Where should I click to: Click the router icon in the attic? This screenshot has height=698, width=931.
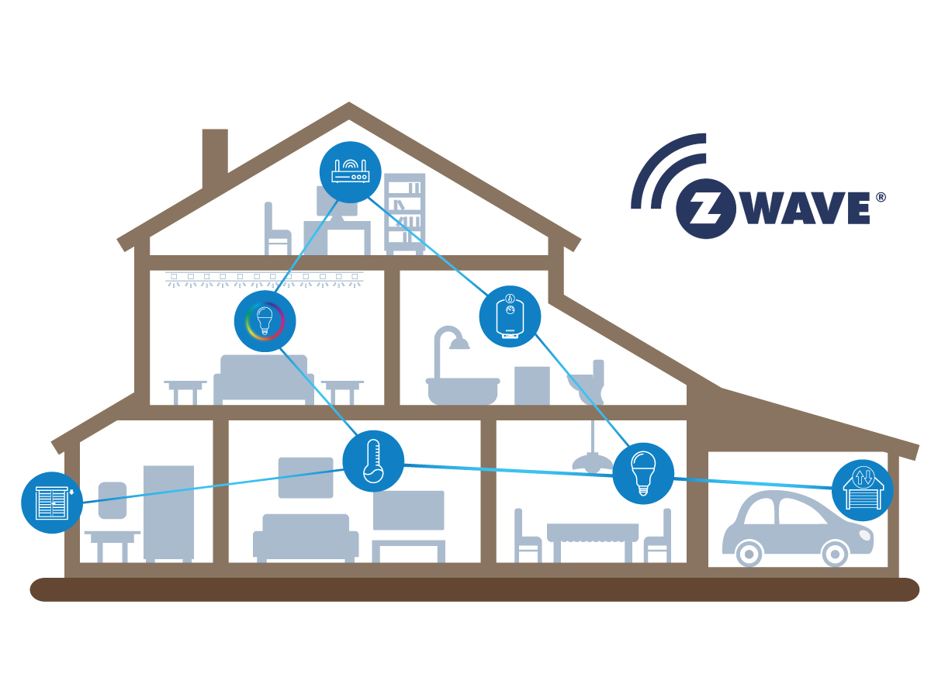coord(350,172)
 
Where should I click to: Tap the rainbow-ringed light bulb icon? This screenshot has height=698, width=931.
coord(265,321)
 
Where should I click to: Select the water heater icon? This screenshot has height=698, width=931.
coord(510,316)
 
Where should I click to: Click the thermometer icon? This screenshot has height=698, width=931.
coord(373,461)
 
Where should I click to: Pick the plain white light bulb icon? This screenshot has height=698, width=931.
coord(643,473)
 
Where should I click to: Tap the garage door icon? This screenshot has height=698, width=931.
coord(863,490)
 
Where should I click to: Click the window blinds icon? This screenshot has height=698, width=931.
coord(52,503)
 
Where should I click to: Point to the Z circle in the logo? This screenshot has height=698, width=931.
coord(706,209)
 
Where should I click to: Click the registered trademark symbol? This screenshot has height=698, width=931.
coord(881,198)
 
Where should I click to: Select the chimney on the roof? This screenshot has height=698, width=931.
coord(215,159)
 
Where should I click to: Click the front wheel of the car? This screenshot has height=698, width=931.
coord(835,554)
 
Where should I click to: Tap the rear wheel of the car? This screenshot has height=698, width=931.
coord(749,554)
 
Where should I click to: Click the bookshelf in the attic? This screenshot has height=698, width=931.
coord(405,214)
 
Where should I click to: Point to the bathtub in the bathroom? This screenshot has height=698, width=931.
coord(462,391)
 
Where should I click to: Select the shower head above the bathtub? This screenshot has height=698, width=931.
coord(459,344)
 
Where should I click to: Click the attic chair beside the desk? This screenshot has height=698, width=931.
coord(278,229)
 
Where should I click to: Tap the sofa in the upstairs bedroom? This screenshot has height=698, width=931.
coord(264,380)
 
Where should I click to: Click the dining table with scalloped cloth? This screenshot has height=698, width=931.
coord(593,543)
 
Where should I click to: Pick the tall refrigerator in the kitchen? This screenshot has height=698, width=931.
coord(169,513)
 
